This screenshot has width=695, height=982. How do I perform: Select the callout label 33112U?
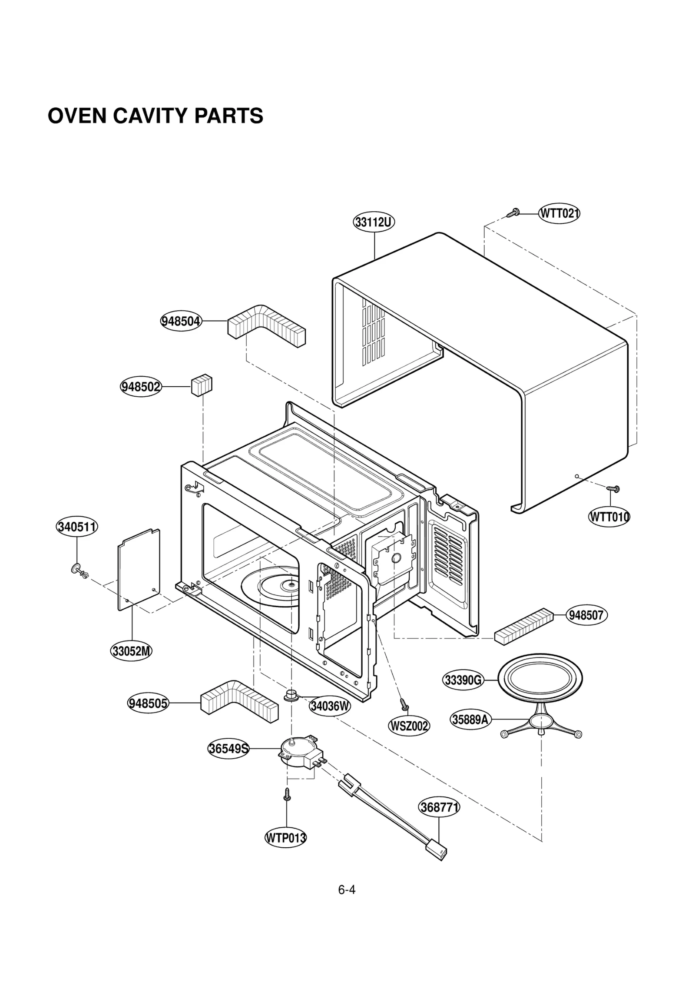coord(374,222)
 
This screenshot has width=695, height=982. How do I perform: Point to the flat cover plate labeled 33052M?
coord(139,570)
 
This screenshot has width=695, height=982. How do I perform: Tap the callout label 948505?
coord(148,703)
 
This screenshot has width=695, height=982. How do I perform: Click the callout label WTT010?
coord(609,517)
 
